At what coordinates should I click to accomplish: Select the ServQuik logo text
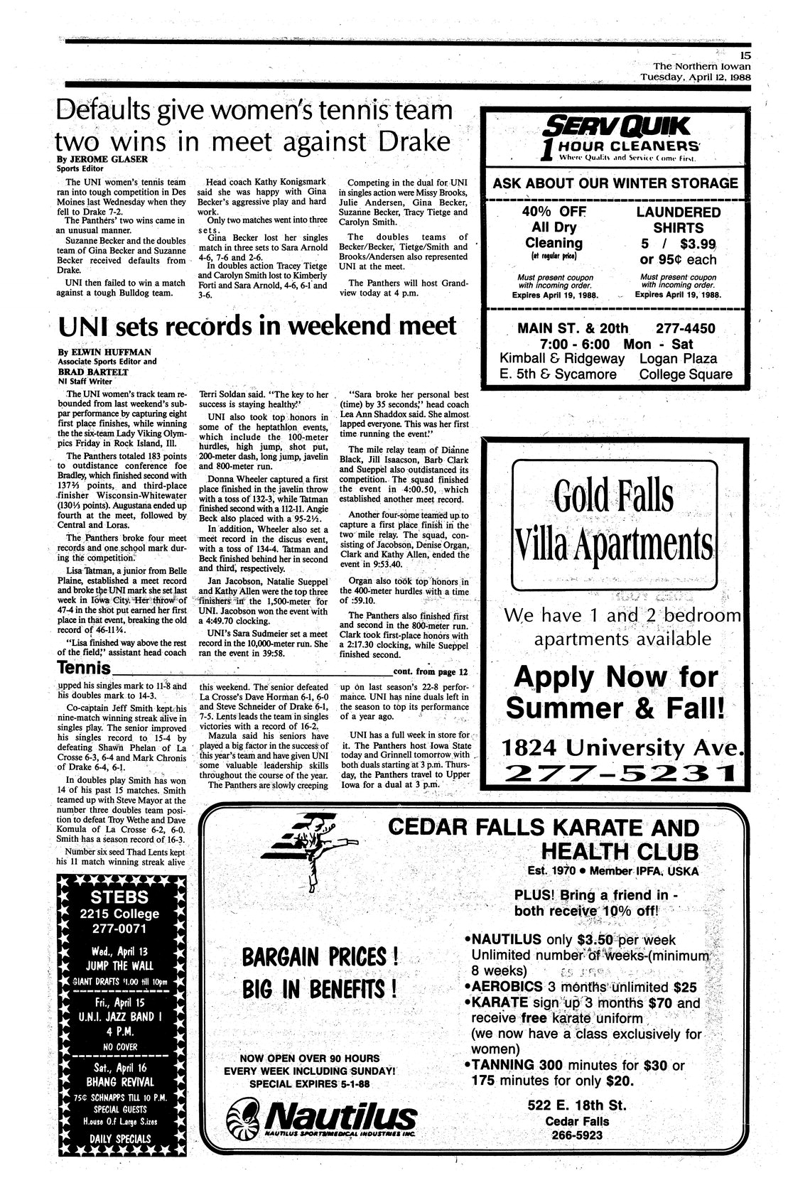[x=615, y=126]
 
